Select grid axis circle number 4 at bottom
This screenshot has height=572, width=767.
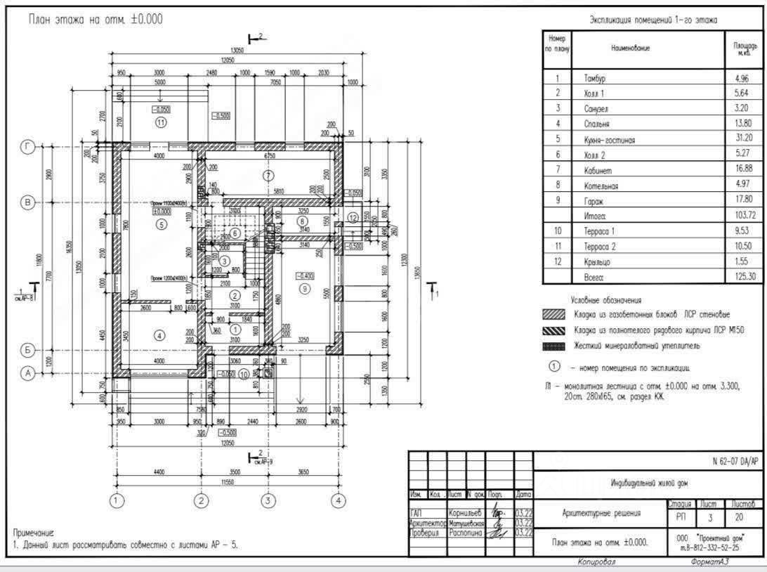(339, 500)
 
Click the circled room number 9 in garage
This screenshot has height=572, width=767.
(305, 288)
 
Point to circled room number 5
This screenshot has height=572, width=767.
(162, 225)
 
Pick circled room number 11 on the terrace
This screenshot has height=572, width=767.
(161, 122)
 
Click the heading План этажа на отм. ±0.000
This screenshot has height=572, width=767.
(95, 19)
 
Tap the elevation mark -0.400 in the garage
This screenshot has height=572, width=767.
(304, 276)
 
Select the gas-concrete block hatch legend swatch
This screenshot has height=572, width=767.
(554, 315)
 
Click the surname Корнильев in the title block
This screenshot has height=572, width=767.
(464, 514)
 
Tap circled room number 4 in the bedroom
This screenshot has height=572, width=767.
(159, 336)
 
